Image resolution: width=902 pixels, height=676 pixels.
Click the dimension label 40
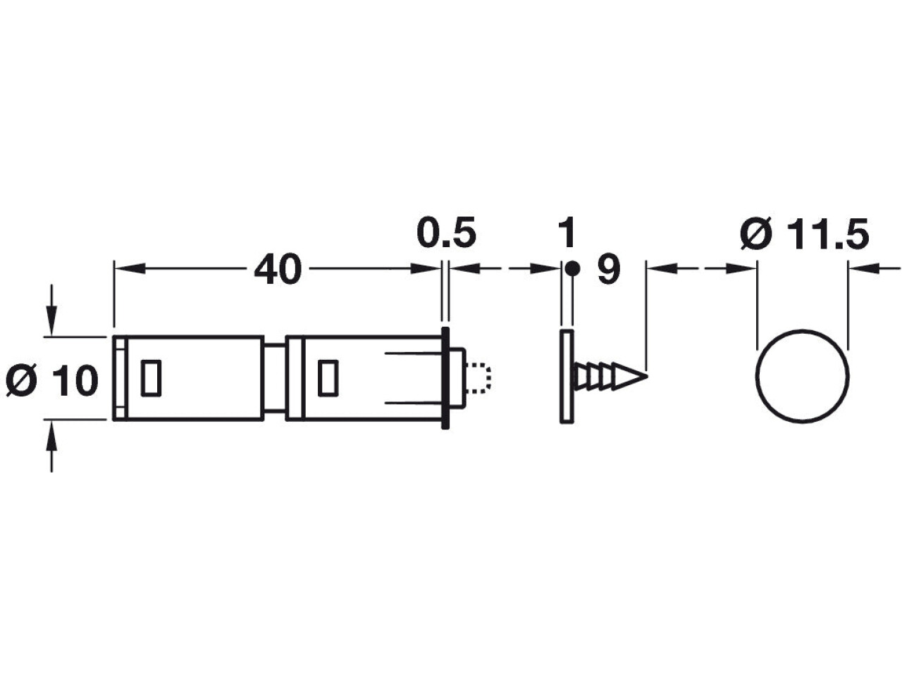pos(278,270)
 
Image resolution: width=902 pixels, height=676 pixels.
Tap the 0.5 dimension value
pos(446,232)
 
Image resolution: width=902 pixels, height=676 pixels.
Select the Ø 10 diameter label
pos(52,380)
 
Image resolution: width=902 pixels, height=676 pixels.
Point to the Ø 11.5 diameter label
pos(804,234)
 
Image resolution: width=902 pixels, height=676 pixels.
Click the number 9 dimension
pos(609,269)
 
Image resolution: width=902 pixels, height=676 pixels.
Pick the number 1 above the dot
pos(567,232)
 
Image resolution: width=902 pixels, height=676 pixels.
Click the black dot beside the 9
pos(572,269)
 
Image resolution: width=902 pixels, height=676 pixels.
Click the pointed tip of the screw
pos(647,375)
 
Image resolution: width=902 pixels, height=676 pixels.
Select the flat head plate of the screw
pos(567,376)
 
